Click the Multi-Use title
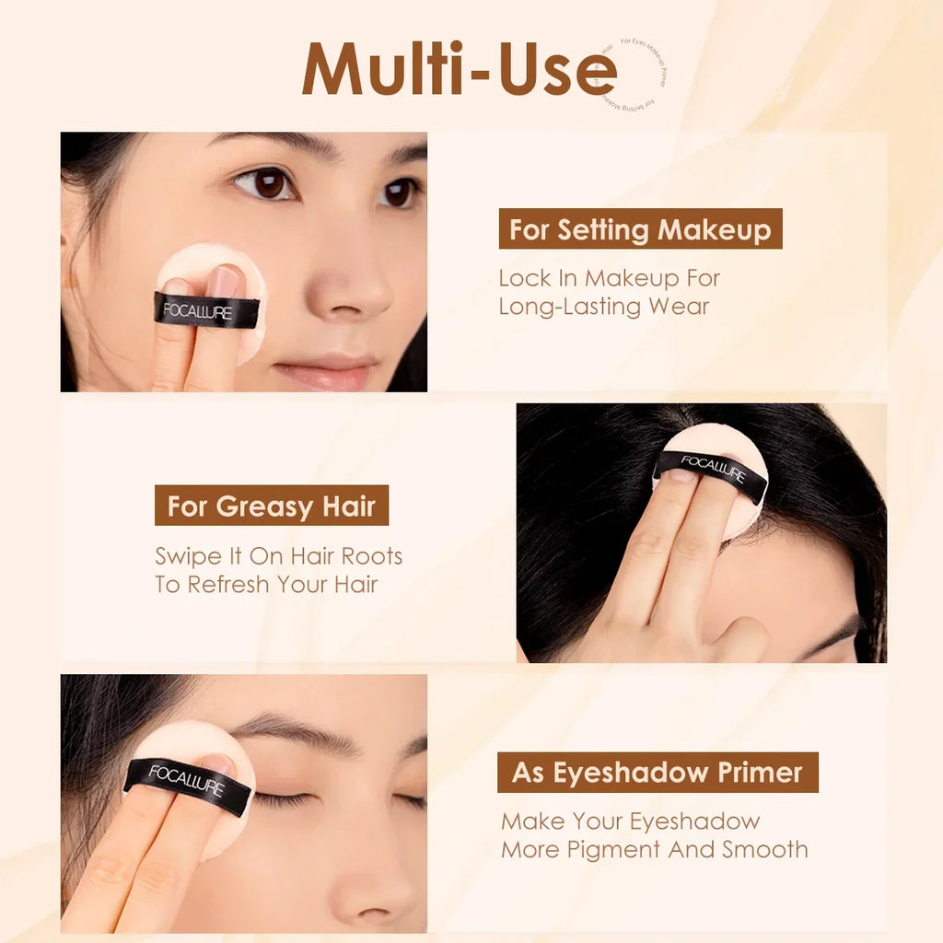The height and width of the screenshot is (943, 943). coord(459,69)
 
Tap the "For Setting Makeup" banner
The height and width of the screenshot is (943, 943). coord(640,229)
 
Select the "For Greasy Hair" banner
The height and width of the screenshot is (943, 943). coord(272,506)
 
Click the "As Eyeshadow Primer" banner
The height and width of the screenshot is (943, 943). coord(658,772)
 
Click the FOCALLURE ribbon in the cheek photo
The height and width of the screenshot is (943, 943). coord(206,311)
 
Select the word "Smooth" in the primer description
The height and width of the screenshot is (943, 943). coord(764,849)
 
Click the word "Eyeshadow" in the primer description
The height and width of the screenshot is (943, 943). coord(701,821)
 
